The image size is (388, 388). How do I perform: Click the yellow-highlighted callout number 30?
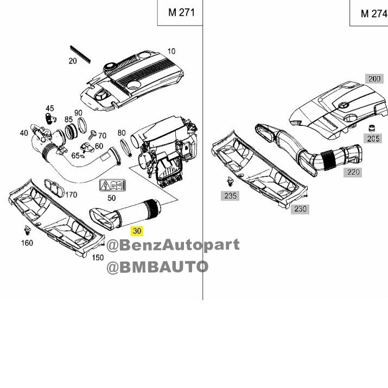(137, 231)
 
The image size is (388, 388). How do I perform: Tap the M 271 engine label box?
(180, 12)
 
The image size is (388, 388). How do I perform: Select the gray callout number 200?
(374, 79)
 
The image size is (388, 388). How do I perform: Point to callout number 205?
(373, 138)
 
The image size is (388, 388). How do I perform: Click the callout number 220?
(353, 172)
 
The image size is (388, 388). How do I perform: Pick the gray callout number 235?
(230, 196)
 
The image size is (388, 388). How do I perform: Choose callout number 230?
(300, 209)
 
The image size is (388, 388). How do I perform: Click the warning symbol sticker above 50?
(112, 186)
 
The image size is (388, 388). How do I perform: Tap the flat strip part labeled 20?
(80, 54)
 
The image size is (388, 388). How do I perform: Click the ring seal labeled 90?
(82, 125)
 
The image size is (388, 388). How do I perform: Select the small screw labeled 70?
(92, 135)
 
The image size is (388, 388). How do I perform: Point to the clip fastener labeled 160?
(27, 230)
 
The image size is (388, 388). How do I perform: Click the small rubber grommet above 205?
(371, 129)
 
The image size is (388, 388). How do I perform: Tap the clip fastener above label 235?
(230, 181)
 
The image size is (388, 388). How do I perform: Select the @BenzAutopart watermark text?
(173, 245)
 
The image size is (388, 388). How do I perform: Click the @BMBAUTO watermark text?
(157, 267)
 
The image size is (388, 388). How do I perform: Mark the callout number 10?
(171, 51)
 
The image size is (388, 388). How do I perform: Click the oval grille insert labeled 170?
(54, 188)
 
